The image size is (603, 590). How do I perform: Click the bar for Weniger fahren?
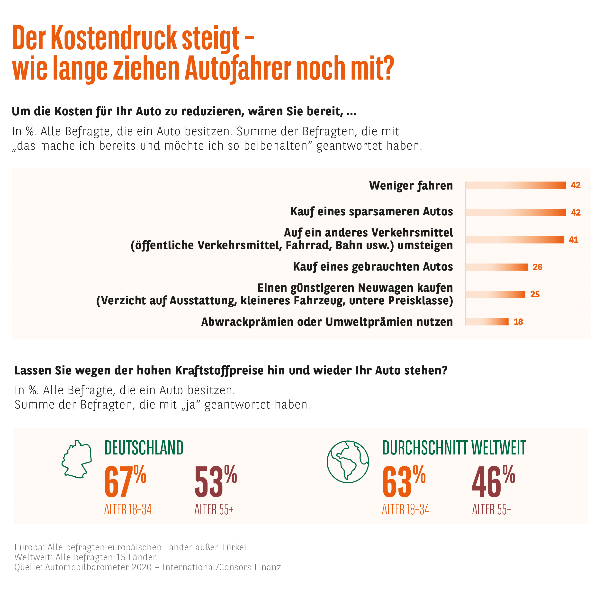[x=516, y=185]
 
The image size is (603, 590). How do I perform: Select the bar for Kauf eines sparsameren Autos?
[x=516, y=212]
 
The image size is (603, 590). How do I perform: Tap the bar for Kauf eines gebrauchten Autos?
[x=496, y=267]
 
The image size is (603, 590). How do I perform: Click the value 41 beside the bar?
[x=573, y=240]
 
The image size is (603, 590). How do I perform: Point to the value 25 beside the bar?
[x=535, y=294]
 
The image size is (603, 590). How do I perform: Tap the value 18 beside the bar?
[x=518, y=322]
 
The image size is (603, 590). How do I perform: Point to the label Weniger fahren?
[x=411, y=185]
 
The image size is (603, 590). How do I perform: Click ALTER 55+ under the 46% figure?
[x=491, y=509]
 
